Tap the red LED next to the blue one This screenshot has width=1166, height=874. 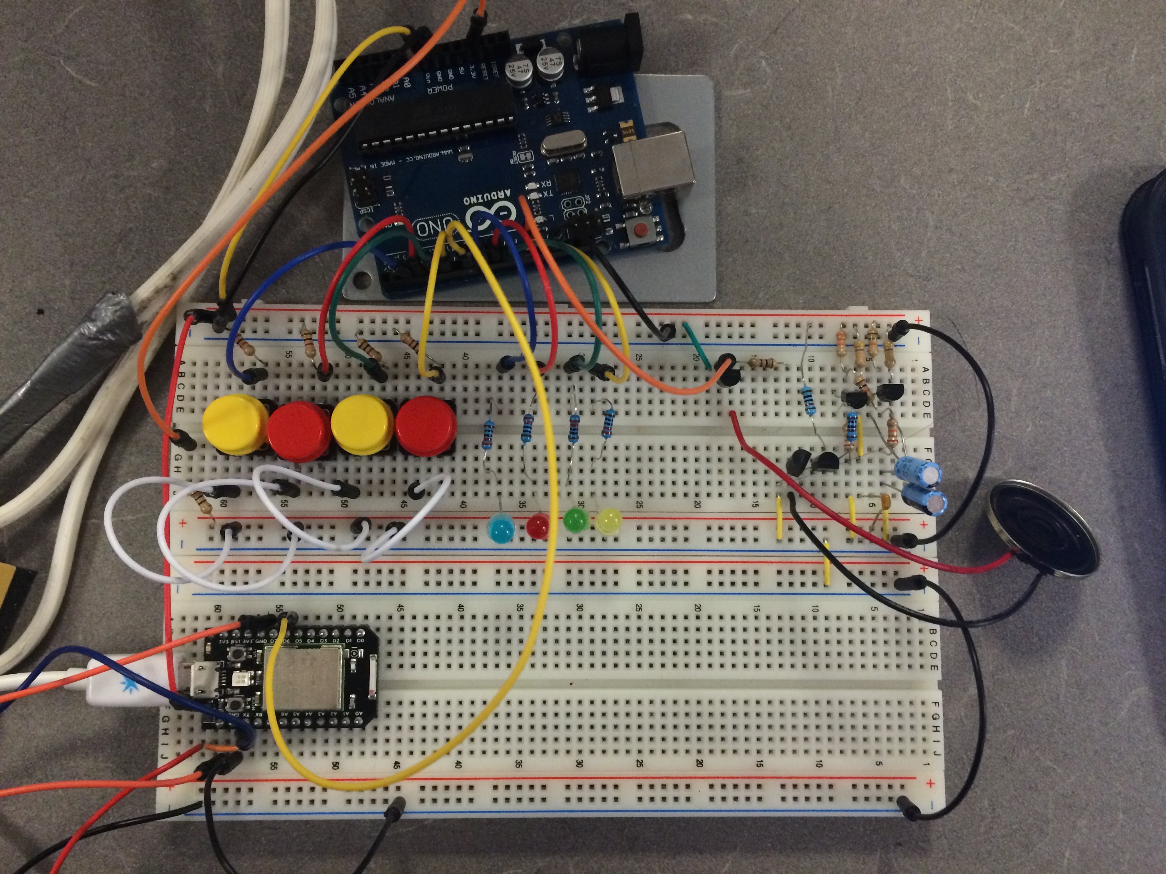(x=538, y=526)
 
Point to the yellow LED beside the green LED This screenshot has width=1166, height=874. (x=608, y=522)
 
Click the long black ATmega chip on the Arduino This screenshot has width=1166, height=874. (x=438, y=121)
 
